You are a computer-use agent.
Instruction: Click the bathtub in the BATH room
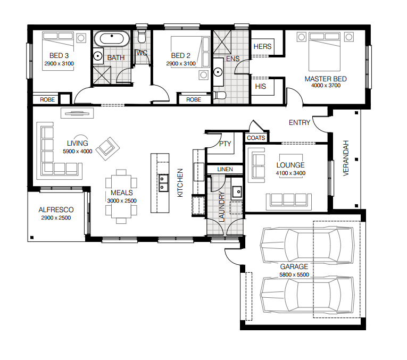[112, 39]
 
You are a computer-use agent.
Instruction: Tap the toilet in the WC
[142, 36]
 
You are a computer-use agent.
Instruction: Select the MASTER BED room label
[326, 79]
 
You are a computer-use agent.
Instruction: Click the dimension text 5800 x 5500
[294, 275]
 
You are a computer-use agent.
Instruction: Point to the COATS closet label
[256, 138]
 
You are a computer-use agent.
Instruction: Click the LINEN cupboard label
[225, 170]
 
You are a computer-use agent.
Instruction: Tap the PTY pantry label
[225, 144]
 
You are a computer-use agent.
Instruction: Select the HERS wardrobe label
[262, 47]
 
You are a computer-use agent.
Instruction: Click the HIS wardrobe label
[260, 86]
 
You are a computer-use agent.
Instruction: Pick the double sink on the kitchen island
[163, 183]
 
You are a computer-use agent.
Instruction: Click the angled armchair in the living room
[107, 148]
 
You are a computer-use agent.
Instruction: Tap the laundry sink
[237, 192]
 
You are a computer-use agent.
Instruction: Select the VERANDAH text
[346, 158]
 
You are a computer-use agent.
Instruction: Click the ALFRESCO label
[56, 210]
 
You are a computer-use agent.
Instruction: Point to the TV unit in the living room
[77, 113]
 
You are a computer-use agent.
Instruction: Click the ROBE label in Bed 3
[47, 99]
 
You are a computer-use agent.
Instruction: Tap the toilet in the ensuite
[219, 95]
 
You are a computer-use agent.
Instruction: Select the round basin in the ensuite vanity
[218, 72]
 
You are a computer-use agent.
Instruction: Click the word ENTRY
[300, 122]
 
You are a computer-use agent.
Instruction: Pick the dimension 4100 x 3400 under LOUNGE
[290, 173]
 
